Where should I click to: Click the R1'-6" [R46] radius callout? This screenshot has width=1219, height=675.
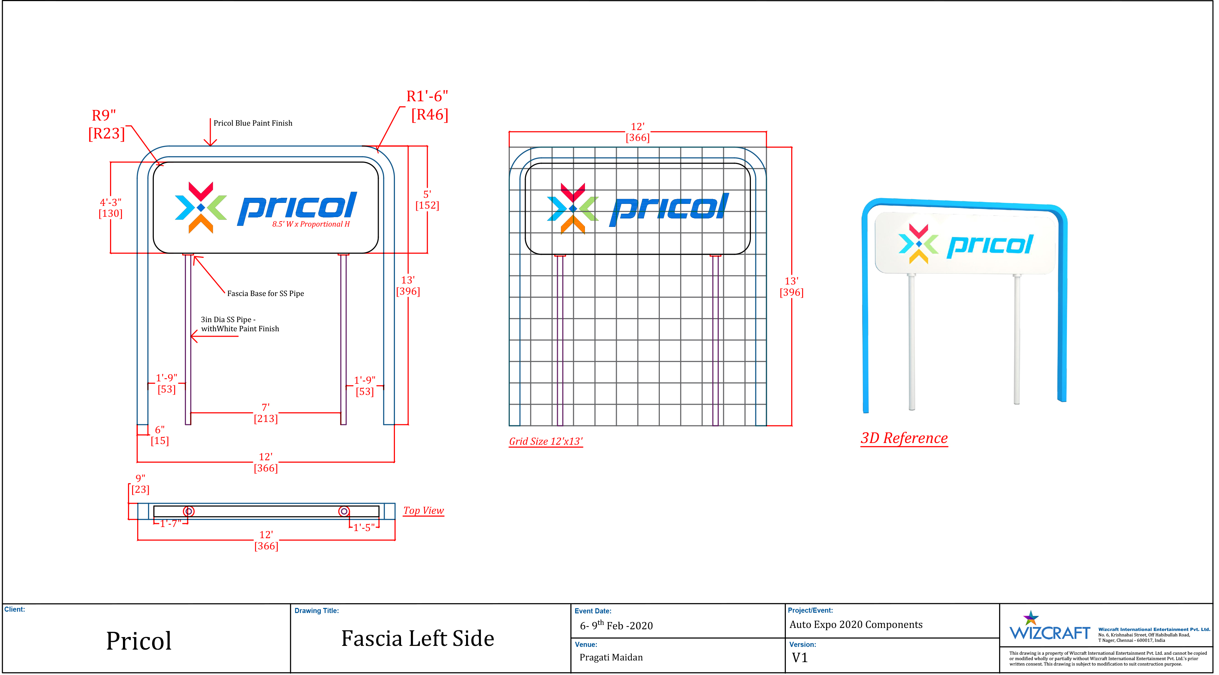[428, 106]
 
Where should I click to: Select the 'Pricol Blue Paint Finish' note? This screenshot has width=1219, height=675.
[253, 123]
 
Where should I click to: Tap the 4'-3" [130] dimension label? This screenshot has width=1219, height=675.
[110, 208]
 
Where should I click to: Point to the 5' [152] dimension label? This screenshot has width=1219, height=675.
[427, 200]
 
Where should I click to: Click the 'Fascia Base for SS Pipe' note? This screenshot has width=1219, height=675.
[266, 294]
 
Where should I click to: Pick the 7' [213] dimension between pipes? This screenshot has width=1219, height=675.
[266, 413]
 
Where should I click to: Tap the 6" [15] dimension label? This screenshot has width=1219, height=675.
[160, 435]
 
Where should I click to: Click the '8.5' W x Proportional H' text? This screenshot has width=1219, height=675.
[311, 224]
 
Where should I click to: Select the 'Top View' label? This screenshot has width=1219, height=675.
[423, 510]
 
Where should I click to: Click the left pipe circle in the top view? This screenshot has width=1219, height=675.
[188, 511]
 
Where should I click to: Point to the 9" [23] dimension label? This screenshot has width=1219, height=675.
[140, 484]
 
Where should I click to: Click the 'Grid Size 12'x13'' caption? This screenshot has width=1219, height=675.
[546, 441]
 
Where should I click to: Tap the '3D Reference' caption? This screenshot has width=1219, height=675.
[904, 438]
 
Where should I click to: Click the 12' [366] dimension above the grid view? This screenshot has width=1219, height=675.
[637, 132]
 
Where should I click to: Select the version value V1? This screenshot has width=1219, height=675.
[800, 657]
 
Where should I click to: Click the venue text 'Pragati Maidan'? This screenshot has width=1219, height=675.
[611, 657]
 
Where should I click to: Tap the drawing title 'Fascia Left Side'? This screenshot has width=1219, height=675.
[417, 638]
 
